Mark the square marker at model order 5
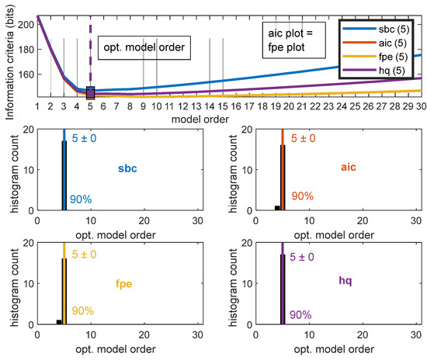(x=90, y=93)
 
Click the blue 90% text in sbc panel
(x=81, y=199)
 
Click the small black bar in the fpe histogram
(x=59, y=321)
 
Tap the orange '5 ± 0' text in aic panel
(x=303, y=139)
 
